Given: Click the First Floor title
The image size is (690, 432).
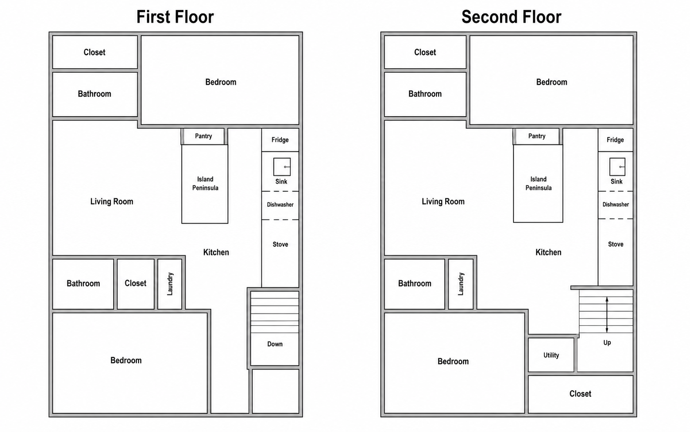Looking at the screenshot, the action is coord(175,17).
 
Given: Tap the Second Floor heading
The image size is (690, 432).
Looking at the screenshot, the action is coord(511,17).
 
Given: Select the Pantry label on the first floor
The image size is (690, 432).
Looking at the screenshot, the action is coord(203,136).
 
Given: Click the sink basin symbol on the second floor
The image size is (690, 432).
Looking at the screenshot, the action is coord(617,167).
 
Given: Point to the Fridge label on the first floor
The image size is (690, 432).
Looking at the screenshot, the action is coord(280,140).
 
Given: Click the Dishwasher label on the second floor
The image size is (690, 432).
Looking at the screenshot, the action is coord(616,204).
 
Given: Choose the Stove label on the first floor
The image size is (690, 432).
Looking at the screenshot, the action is coord(281,244).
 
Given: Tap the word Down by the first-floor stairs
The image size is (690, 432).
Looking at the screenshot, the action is coord(275,344).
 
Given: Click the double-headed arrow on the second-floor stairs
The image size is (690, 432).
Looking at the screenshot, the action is coord(607,315).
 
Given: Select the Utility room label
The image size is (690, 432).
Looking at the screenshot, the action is coord(551,355).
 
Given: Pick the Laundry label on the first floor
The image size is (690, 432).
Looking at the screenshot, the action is coord(170,284).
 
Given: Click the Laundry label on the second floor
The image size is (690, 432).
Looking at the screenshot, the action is coord(460,284).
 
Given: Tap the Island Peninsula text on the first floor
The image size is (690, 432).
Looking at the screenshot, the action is coord(205,184).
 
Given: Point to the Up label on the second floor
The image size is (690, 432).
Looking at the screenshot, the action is coord(607,343).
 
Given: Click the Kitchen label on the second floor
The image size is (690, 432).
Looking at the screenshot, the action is coord(548,252).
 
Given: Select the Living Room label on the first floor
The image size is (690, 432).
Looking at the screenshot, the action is coord(112,201).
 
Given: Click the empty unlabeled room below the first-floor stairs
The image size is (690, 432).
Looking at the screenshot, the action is coord(276,391).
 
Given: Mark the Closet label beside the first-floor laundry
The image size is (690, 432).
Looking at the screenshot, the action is coord(135,283).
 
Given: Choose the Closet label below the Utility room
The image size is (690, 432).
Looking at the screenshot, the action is coord(580,394).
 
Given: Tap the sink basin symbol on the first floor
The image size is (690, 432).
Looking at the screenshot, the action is coord(282,167).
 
